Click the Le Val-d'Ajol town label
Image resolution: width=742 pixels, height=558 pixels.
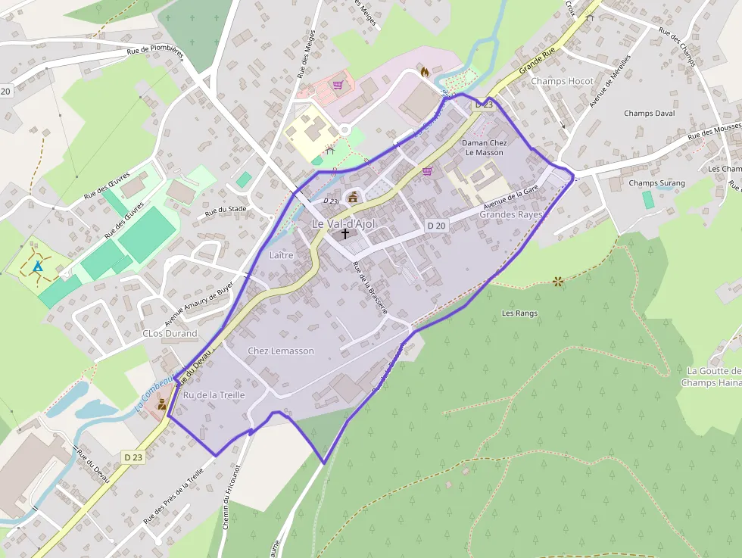click(x=343, y=224)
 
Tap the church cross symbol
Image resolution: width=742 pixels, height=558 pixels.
click(x=345, y=234)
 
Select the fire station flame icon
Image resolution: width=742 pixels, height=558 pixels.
click(x=425, y=72)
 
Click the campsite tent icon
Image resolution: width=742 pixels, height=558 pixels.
click(x=38, y=267)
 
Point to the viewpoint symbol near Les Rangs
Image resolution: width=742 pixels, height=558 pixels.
click(x=559, y=282)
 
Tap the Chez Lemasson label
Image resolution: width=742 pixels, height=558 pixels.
click(x=281, y=351)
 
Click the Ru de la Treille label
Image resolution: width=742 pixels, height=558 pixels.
click(x=214, y=395)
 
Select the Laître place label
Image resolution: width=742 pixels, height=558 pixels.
click(x=281, y=255)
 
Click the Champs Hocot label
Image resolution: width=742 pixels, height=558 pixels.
click(x=562, y=81)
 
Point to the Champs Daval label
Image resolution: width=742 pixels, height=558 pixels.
click(x=649, y=114)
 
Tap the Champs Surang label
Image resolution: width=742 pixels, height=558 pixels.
click(x=656, y=183)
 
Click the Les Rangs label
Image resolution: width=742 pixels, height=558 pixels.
click(x=519, y=313)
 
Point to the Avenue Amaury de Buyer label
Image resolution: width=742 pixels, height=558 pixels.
click(x=200, y=298)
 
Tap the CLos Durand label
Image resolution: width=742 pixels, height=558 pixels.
click(x=170, y=333)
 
